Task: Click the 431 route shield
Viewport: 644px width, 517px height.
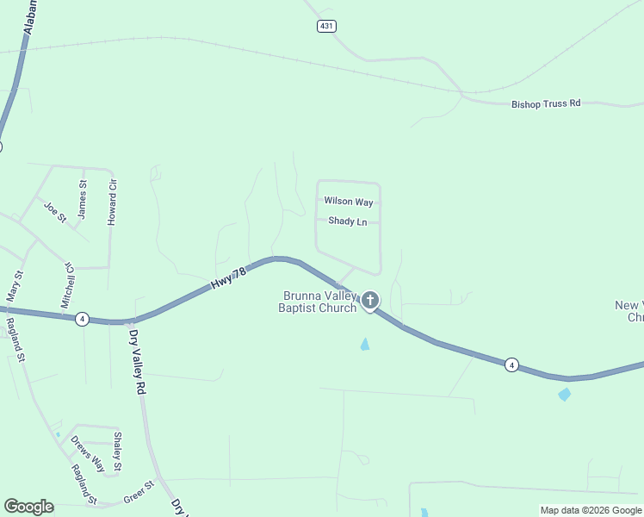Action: pos(325,27)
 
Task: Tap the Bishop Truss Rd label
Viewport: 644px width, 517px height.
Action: pos(546,103)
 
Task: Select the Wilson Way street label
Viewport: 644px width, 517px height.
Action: pos(349,202)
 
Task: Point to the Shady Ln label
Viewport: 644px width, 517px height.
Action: pos(348,221)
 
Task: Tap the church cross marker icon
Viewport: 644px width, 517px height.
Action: pos(370,301)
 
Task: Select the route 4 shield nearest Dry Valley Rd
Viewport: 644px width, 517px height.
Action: pos(81,318)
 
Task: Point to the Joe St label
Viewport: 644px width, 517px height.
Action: pos(55,211)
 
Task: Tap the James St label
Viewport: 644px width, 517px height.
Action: pos(83,198)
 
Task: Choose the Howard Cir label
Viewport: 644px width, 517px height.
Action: pos(112,202)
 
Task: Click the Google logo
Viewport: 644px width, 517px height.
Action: pos(29,507)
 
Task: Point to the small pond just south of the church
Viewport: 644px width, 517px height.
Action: pos(364,345)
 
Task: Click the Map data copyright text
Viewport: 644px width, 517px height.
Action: pos(590,510)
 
